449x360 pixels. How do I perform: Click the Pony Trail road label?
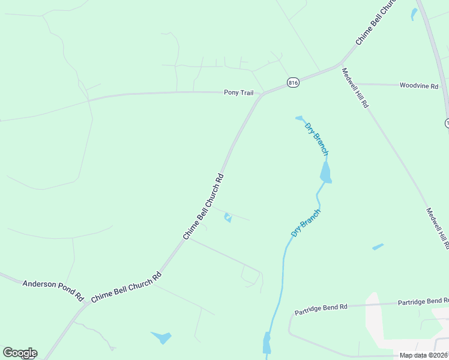[x=238, y=92]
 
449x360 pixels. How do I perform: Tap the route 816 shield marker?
[x=293, y=83]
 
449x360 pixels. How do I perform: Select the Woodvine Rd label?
[x=419, y=86]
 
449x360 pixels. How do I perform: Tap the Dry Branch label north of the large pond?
[x=317, y=139]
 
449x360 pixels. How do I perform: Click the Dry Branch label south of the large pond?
[x=306, y=223]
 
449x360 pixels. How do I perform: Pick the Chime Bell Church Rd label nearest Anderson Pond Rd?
[x=127, y=286]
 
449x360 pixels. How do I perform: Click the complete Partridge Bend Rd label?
[x=321, y=310]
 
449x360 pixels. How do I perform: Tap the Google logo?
[x=19, y=353]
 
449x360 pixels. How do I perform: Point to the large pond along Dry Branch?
[x=325, y=173]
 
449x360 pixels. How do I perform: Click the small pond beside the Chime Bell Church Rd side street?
[x=228, y=217]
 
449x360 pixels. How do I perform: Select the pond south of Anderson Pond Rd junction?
[x=161, y=337]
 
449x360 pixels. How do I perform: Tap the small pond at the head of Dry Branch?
[x=300, y=118]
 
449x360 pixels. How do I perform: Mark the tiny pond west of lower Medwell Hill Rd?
[x=378, y=247]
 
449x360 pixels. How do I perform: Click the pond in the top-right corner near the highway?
[x=414, y=14]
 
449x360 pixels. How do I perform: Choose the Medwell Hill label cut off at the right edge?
[x=437, y=228]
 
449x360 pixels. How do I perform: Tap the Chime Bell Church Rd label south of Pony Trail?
[x=203, y=206]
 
